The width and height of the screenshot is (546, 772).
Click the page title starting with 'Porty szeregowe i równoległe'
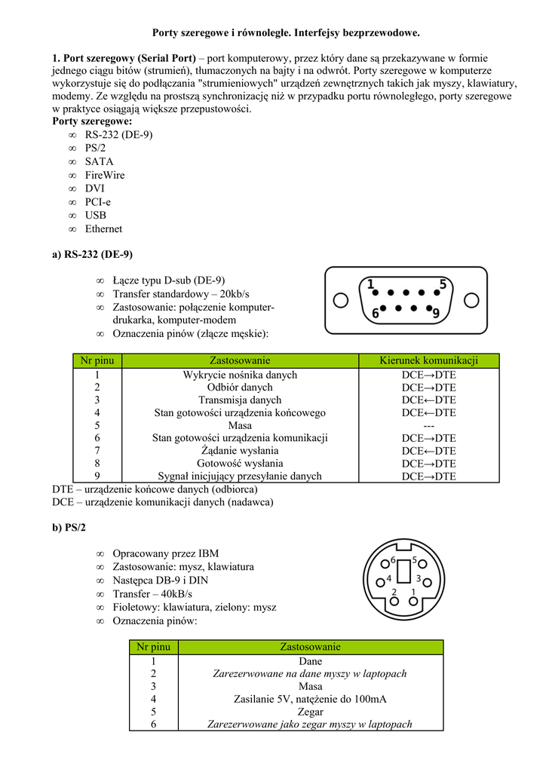(286, 33)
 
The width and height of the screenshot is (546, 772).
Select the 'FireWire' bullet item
(105, 175)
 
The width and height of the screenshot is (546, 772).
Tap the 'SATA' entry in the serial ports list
(99, 161)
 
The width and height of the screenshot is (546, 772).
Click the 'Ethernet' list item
(103, 228)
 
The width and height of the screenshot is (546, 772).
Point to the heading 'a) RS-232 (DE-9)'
(93, 254)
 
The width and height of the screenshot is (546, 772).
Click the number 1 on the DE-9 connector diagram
(370, 285)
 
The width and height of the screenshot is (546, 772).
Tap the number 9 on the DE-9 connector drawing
(435, 311)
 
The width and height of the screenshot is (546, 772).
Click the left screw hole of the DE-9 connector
(341, 300)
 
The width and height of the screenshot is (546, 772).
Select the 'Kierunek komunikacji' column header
(428, 361)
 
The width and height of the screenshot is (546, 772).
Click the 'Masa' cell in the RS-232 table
(240, 425)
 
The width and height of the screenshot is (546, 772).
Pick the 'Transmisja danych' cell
(240, 400)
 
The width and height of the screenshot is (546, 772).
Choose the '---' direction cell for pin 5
(428, 425)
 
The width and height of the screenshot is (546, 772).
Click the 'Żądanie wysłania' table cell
(240, 451)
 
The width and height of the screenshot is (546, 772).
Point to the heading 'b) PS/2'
(69, 528)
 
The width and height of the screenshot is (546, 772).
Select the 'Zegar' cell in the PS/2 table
(310, 712)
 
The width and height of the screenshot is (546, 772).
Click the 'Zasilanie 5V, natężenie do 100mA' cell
(310, 699)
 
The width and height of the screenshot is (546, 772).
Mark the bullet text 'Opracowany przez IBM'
(165, 553)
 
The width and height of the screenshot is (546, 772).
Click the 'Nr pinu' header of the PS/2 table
(154, 647)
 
